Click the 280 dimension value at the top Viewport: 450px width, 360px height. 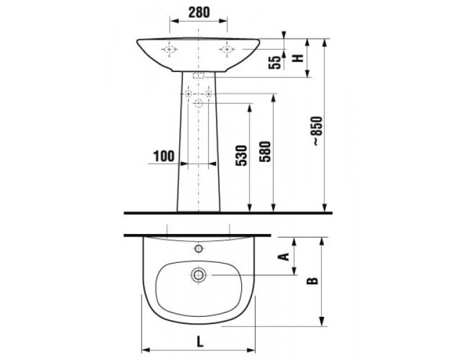point(199,12)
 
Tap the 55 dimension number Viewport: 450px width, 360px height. point(275,63)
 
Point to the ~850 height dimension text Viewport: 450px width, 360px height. point(318,131)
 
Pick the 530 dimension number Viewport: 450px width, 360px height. point(241,155)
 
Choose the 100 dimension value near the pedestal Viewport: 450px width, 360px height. point(164,156)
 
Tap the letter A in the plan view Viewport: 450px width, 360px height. point(284,256)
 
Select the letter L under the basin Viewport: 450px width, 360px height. point(200,342)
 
